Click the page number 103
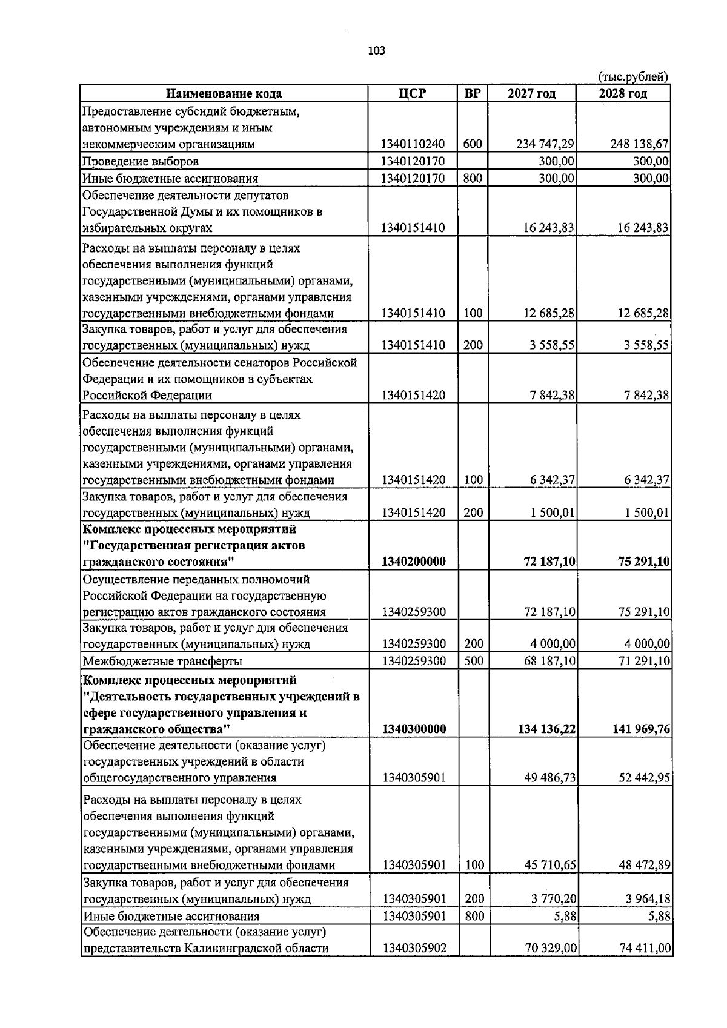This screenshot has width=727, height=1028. [x=376, y=51]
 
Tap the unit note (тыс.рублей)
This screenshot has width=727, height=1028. [x=633, y=77]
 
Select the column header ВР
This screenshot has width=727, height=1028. [x=473, y=93]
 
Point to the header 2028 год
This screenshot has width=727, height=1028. [x=623, y=93]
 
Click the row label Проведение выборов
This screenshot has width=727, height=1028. [x=141, y=161]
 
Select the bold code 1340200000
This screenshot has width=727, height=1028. [x=414, y=562]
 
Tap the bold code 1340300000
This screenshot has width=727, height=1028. [x=414, y=729]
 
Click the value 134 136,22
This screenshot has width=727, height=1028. [x=546, y=729]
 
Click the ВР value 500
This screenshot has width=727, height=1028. [x=473, y=661]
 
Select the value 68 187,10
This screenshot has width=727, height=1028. [x=549, y=661]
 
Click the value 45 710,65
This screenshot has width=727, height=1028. [x=549, y=866]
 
